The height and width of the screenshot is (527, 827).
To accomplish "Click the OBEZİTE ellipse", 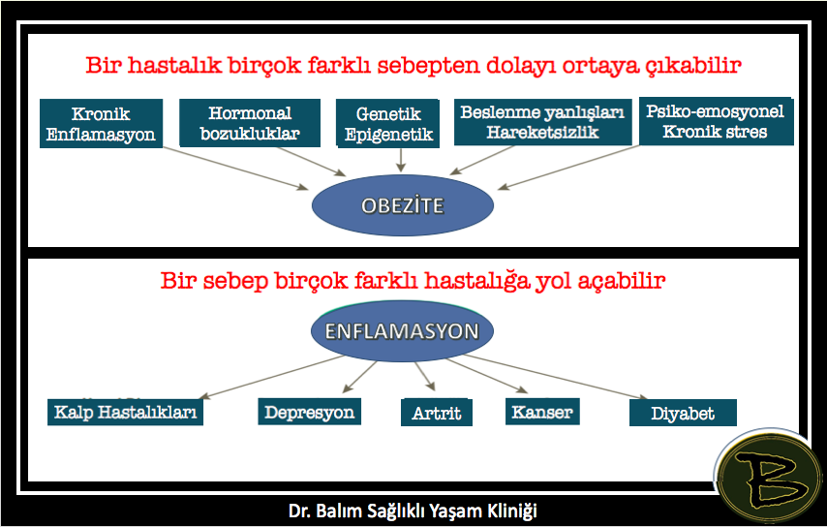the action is point(403,205).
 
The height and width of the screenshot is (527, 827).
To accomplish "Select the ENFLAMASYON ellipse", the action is point(402,330).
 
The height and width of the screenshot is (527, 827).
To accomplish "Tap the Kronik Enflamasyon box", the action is point(101,123).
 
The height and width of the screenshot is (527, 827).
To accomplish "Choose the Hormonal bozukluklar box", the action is point(250,122).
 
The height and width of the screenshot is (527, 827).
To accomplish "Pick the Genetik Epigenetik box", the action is point(387,123).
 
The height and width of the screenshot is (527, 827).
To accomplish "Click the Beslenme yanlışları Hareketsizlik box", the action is point(542,121).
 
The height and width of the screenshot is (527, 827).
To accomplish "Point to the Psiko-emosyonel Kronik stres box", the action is point(716,121).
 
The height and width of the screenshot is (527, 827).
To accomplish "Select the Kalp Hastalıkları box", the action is point(125,412).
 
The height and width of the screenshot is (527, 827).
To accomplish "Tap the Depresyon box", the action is point(309,412).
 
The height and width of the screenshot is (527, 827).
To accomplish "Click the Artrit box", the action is point(436,413).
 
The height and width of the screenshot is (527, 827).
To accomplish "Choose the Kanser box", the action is point(542,412).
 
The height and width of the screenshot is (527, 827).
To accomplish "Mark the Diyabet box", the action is point(683,413).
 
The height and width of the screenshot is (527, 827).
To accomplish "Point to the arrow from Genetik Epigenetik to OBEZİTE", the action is point(401,161).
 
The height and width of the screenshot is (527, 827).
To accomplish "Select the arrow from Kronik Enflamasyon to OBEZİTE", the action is point(235,168).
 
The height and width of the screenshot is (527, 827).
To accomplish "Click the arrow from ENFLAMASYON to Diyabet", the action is point(556,377).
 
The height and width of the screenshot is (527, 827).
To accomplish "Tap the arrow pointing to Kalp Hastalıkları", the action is point(271,377).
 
